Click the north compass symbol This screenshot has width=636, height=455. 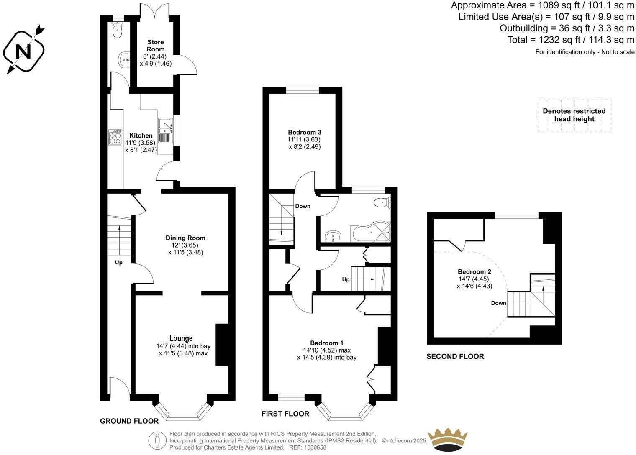[x=23, y=51]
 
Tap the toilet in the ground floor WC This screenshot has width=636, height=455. [x=118, y=30]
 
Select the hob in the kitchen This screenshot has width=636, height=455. [x=115, y=137]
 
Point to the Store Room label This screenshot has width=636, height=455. [x=155, y=46]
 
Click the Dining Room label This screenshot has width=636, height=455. [x=185, y=238]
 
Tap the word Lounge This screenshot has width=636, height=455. [x=181, y=338]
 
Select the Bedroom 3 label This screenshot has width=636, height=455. [x=304, y=132]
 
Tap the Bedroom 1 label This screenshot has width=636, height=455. [x=326, y=343]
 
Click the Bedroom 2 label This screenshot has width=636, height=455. [x=474, y=272]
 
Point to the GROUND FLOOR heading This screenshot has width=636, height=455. [x=129, y=421]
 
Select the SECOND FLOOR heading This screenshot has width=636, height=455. [x=455, y=356]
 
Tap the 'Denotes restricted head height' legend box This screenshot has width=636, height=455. [x=574, y=115]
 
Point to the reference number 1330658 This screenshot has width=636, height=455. [x=314, y=447]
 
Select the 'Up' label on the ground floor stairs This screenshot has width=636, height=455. [x=119, y=263]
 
